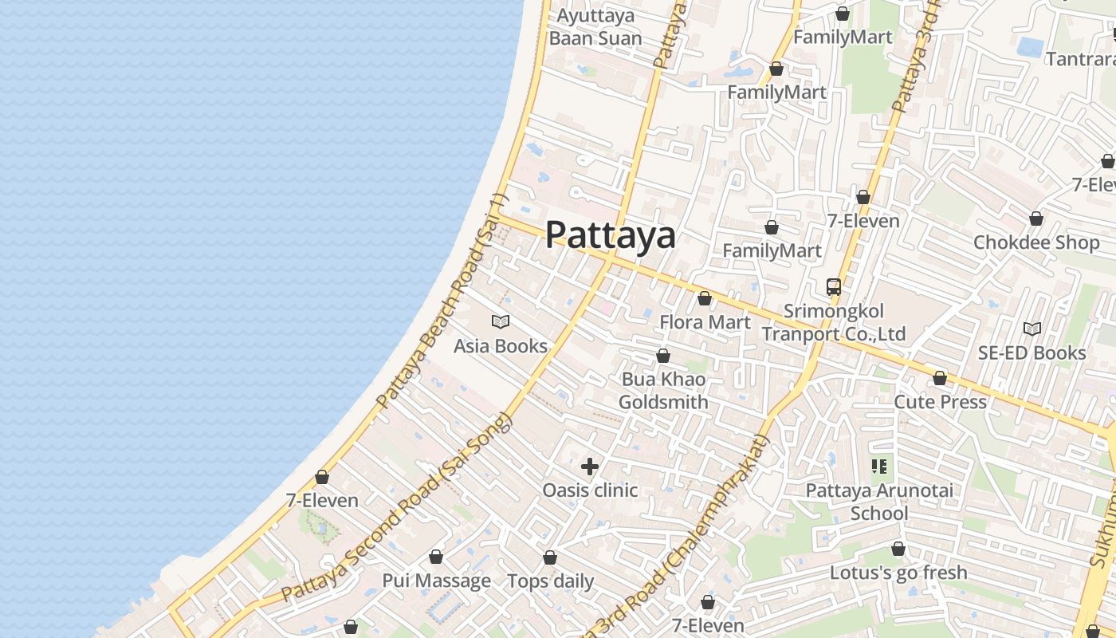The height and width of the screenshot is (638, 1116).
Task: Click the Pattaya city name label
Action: click(611, 235)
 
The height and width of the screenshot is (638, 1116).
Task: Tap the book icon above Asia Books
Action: click(501, 322)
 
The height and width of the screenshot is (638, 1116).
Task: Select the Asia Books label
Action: click(501, 346)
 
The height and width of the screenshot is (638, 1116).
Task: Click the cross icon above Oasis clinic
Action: click(590, 467)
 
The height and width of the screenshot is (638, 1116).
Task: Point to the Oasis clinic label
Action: click(590, 490)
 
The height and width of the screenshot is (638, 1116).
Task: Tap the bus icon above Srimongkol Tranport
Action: click(834, 287)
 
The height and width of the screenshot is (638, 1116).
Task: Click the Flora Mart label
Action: click(705, 322)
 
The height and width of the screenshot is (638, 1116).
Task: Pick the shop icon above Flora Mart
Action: click(705, 299)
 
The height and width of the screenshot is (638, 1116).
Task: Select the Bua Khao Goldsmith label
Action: click(663, 390)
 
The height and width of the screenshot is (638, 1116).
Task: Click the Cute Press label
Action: click(940, 402)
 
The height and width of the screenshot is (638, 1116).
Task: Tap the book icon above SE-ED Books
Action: click(1032, 329)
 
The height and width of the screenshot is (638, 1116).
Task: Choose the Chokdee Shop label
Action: click(1036, 242)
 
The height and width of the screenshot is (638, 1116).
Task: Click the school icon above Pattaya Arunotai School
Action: click(879, 467)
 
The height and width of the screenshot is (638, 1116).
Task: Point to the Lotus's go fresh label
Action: click(898, 573)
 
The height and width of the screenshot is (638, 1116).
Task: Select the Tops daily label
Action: click(550, 581)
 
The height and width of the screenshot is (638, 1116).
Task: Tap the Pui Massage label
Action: click(436, 581)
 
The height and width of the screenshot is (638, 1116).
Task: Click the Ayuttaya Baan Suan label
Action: click(595, 27)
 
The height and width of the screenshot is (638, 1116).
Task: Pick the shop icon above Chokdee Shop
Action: click(1036, 219)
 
